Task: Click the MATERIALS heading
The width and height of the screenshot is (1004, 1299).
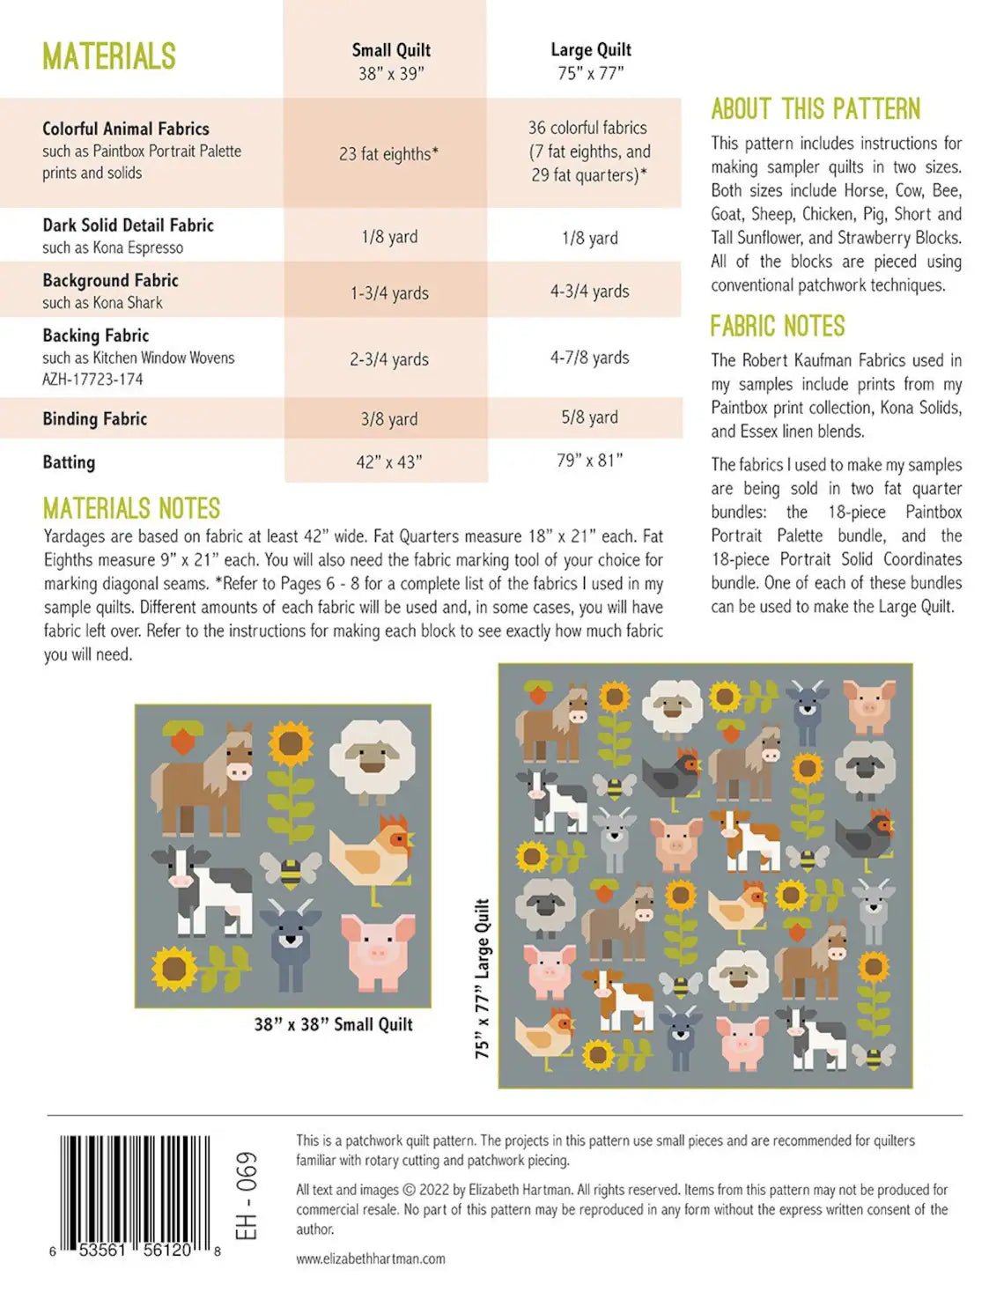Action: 109,57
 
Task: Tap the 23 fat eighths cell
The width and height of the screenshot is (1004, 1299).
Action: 388,154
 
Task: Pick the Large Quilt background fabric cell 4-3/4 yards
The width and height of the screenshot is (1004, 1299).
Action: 589,291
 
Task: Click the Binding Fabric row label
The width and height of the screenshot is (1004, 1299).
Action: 95,419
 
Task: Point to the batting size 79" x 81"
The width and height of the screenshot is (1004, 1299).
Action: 589,460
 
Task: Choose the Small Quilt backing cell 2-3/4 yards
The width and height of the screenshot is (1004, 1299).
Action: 388,359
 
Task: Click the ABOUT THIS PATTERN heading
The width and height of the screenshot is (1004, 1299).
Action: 816,109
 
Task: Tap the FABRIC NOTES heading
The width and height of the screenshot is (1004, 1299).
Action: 778,327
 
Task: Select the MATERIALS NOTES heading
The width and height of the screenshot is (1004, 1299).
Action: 131,509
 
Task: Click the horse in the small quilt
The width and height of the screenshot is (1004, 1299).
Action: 204,779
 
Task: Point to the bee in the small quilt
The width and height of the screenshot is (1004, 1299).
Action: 290,870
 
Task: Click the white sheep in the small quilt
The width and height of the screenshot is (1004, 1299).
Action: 373,759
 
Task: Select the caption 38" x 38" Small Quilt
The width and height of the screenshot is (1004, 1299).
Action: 333,1024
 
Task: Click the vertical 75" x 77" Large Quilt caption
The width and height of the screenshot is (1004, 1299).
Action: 483,978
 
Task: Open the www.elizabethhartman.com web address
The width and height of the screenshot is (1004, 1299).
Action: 371,1259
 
